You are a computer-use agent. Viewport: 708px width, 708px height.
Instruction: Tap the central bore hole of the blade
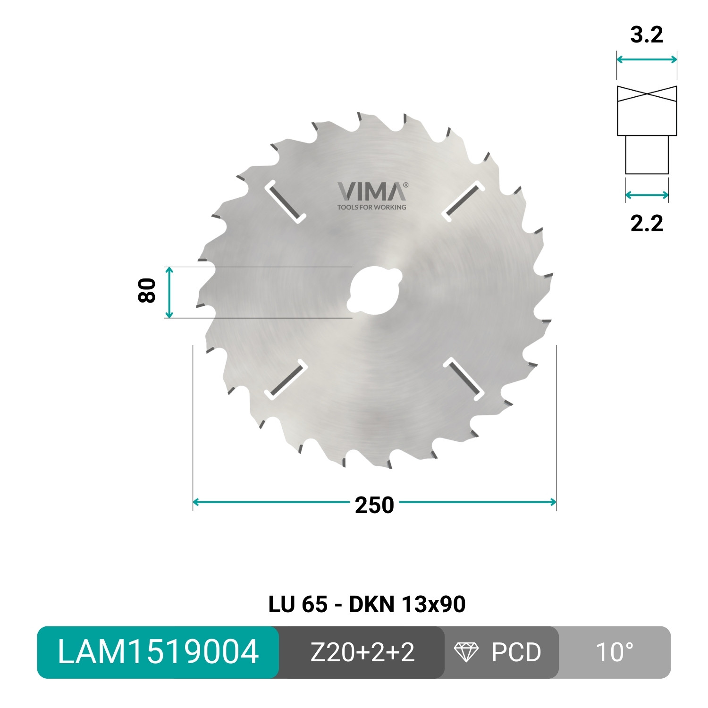pos(373,290)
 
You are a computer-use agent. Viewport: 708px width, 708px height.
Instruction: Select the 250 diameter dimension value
pos(374,505)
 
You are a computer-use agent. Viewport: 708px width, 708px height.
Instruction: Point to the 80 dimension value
pos(147,291)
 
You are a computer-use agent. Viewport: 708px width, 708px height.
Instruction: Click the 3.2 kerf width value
pos(647,35)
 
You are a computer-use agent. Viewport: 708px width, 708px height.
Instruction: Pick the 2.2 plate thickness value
pos(647,223)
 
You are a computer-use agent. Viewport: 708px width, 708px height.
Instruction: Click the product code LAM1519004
pos(158,652)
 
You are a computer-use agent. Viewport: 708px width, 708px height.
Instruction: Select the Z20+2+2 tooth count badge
pos(362,652)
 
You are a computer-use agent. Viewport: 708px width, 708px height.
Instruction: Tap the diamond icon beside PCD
pos(466,652)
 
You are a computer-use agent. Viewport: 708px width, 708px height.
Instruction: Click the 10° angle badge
pos(614,652)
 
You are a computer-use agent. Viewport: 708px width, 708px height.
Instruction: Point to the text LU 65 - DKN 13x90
pos(367,604)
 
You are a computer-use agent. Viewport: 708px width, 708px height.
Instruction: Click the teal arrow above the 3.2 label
pos(647,59)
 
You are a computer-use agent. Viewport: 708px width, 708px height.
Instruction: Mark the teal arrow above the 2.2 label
pos(647,195)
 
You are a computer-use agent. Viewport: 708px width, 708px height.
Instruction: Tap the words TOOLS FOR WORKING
pos(371,207)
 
